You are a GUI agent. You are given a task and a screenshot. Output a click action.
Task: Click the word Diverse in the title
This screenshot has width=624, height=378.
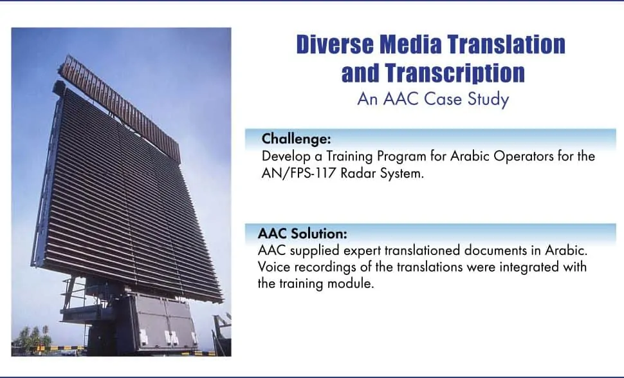click(x=335, y=44)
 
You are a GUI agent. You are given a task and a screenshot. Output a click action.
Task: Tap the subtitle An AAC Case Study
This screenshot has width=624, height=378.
click(x=433, y=99)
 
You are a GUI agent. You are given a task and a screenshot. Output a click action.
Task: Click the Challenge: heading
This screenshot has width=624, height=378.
click(x=297, y=138)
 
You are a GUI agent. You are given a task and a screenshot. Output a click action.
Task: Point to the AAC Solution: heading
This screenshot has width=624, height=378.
click(x=302, y=233)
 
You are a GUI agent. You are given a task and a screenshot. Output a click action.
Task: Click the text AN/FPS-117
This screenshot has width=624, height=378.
click(x=301, y=174)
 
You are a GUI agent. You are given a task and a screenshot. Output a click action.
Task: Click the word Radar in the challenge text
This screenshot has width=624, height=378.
click(x=360, y=174)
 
